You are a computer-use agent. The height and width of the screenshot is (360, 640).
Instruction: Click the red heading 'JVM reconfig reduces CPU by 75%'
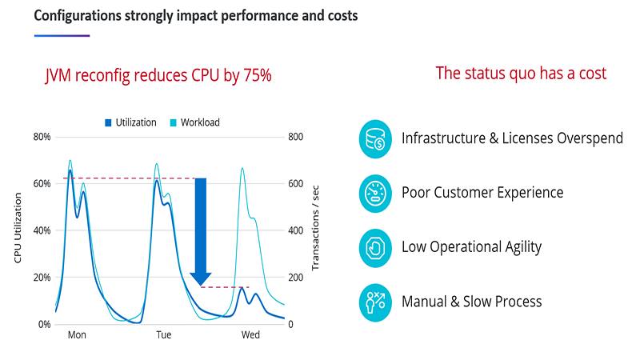point(158,76)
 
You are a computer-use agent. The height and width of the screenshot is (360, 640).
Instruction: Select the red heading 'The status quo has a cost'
point(521,74)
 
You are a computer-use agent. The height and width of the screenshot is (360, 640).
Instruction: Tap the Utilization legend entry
point(130,122)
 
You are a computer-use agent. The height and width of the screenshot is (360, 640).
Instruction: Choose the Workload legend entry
point(194,122)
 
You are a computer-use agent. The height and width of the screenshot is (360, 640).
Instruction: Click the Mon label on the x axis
point(77,335)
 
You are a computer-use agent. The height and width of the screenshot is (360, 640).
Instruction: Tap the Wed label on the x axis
point(250,335)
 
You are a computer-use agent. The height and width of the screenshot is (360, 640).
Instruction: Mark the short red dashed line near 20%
point(225,286)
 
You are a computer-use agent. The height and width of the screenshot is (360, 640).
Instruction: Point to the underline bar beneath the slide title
point(62,35)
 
